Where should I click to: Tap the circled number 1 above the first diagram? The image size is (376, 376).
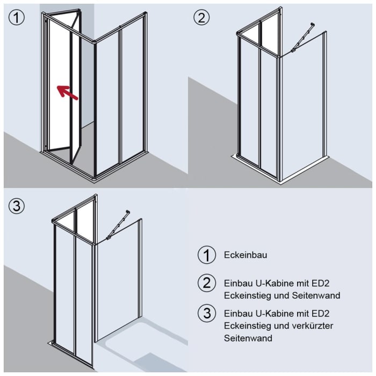tap(16, 18)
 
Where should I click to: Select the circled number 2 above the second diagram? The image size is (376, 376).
tap(201, 18)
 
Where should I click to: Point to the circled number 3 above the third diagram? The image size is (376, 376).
tap(16, 206)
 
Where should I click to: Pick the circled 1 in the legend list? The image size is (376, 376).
tap(206, 255)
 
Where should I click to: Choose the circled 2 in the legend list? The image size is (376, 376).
tap(206, 283)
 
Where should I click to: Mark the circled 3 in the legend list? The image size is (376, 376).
tap(206, 314)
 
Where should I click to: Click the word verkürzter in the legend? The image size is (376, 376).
tap(312, 326)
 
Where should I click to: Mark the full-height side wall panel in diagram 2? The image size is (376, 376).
tap(303, 107)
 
